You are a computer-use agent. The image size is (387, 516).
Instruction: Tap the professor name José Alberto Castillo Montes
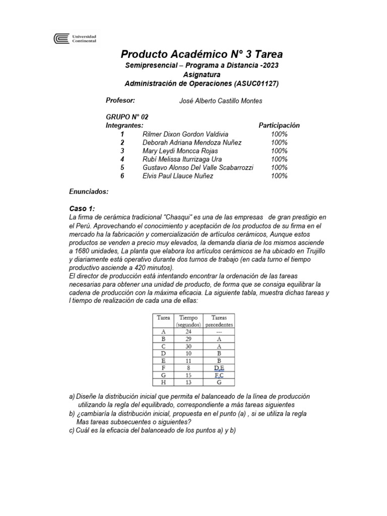pos(221,101)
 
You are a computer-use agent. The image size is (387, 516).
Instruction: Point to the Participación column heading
pos(279,125)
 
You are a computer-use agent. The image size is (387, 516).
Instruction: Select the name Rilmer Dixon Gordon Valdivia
pos(185,134)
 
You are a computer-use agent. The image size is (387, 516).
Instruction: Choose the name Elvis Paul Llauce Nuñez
pos(178,176)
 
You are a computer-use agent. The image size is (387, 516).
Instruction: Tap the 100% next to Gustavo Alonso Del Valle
pos(279,167)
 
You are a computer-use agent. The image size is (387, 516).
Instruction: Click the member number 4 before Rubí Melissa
pos(122,159)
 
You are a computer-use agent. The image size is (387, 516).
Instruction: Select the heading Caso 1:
pos(82,209)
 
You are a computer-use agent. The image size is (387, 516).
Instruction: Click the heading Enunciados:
pos(88,192)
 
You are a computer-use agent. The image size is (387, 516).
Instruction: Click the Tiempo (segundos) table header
pos(188,321)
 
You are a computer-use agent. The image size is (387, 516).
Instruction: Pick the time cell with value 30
pos(188,347)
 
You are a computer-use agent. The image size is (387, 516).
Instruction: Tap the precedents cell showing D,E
pos(219,368)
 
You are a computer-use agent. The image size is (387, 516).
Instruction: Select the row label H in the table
pos(163,382)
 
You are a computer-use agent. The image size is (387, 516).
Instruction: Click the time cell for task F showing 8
pos(188,368)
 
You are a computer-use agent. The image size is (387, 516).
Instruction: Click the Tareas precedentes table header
pos(219,321)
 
